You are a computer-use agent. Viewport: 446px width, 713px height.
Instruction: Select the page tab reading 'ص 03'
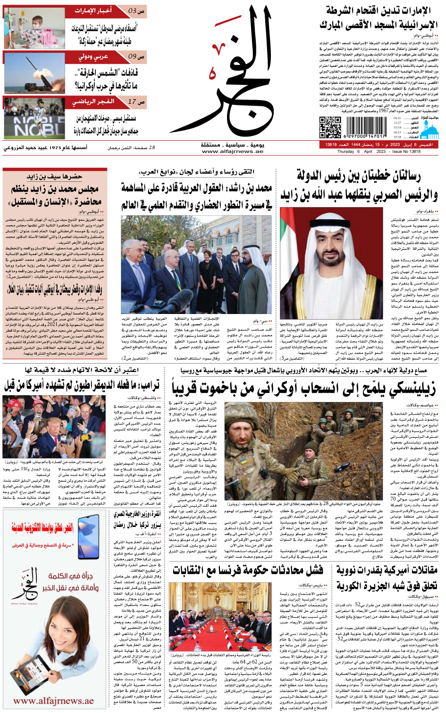pos(136,10)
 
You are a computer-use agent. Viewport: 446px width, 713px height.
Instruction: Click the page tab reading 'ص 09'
pos(136,57)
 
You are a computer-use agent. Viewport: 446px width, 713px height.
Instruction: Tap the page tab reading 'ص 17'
pos(136,102)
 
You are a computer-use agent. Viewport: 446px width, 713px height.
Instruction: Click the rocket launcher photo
pos(34,72)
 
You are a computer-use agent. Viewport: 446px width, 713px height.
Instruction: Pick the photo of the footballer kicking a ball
pos(34,117)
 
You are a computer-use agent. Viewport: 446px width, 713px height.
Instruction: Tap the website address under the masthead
pos(232,152)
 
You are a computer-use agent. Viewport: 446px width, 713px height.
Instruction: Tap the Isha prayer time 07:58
pos(397,137)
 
